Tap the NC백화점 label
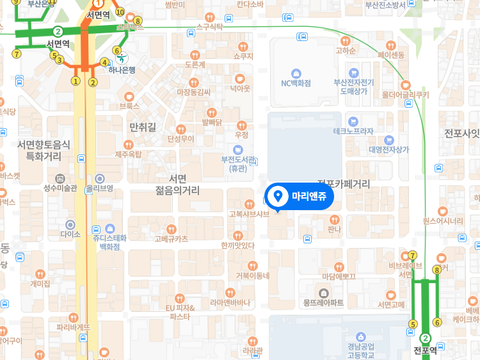point(296,83)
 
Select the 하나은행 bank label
point(122,70)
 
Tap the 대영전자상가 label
point(388,149)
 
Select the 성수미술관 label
point(60,188)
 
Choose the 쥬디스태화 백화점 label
point(106,241)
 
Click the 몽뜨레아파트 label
point(323,302)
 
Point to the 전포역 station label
point(426,350)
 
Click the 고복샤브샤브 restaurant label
point(249,214)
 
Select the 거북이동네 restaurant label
point(253,275)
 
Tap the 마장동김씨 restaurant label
point(193,92)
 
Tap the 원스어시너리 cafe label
point(442,221)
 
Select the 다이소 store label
point(70,234)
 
